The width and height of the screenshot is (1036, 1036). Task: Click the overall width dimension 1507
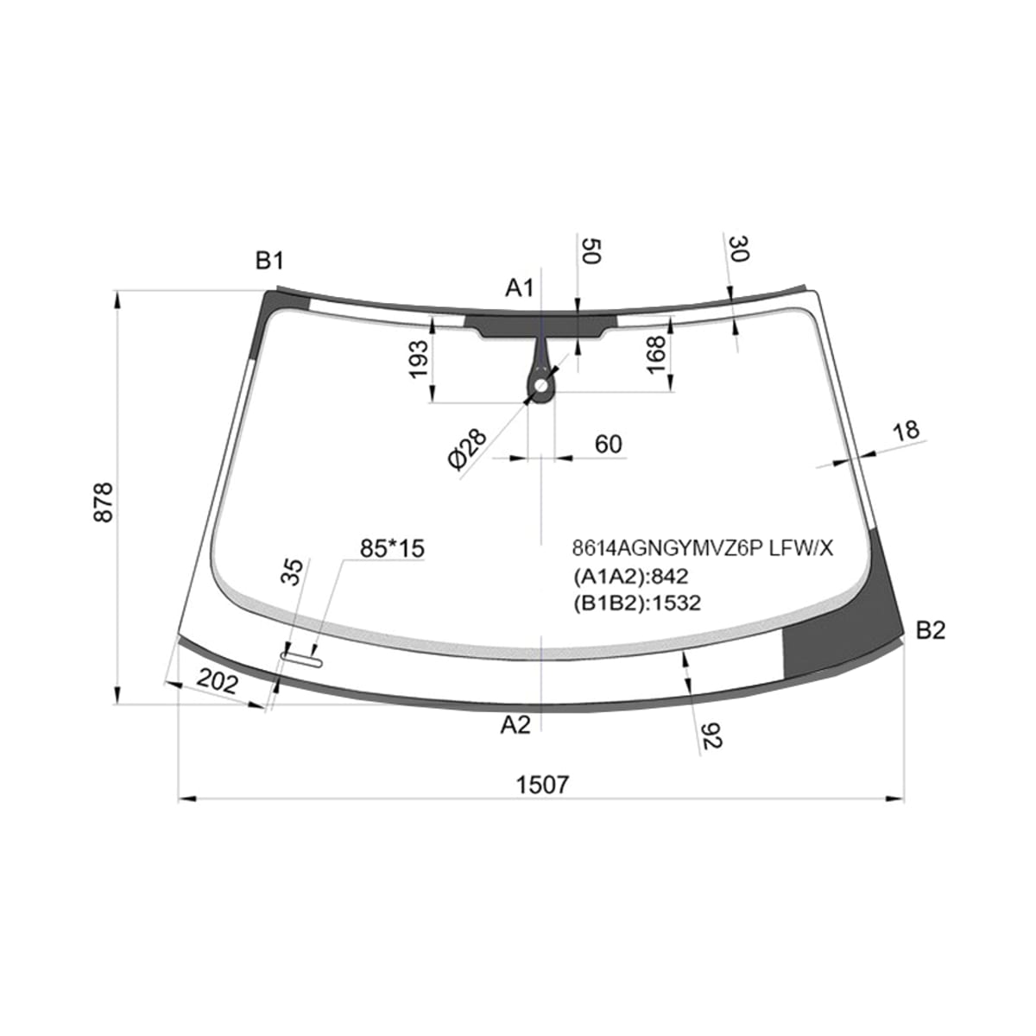click(x=542, y=786)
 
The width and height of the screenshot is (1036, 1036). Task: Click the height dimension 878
click(x=104, y=502)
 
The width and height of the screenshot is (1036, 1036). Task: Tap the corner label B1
click(x=268, y=261)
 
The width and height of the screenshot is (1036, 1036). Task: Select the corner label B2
click(x=931, y=630)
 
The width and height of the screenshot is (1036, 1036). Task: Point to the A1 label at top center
click(x=520, y=288)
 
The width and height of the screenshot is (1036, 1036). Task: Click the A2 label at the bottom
click(x=515, y=725)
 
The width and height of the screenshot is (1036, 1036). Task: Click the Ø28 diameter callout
click(x=467, y=450)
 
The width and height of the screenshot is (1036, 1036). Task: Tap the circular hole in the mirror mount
click(x=541, y=385)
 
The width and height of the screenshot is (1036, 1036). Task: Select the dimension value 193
click(x=420, y=359)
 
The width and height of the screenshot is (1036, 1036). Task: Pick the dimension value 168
click(x=656, y=356)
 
